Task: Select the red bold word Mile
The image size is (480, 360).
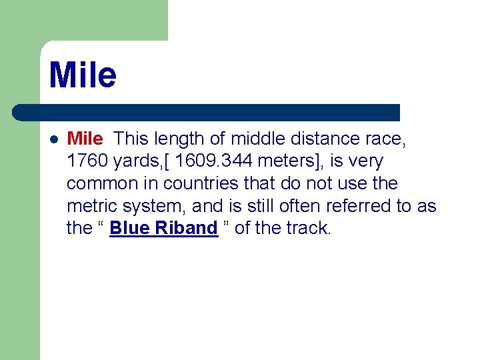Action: coord(85,139)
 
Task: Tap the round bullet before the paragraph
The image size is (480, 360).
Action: coord(54,139)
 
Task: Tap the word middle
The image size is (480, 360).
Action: coord(255,139)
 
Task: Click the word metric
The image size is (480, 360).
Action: coord(91,206)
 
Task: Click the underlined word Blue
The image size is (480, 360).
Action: coord(131,228)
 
